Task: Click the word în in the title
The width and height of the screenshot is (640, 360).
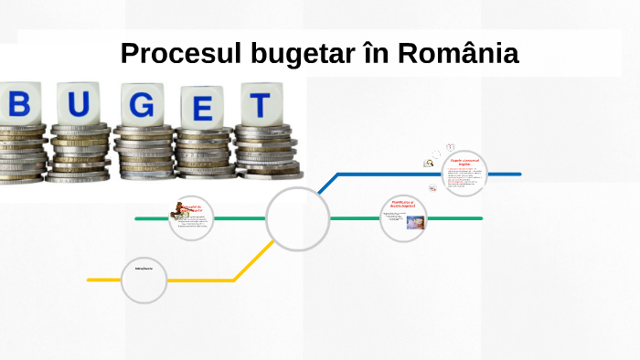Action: tap(370, 54)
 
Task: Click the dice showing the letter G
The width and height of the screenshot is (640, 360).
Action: tap(142, 104)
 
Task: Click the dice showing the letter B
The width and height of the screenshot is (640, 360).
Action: tap(20, 103)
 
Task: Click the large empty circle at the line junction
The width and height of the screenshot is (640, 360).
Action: tap(298, 219)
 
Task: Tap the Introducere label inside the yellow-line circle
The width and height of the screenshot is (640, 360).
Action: tap(144, 270)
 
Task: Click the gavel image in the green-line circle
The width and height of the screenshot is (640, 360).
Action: tap(179, 214)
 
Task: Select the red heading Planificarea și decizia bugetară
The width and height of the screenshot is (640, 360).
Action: tap(403, 204)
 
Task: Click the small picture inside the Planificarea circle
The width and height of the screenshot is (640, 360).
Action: tap(415, 221)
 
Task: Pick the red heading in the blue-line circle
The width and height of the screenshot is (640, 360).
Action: tap(464, 162)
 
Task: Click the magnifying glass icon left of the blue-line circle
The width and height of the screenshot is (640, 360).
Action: tap(428, 164)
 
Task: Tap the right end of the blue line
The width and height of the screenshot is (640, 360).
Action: tap(518, 174)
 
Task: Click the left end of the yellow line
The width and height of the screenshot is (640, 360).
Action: tap(90, 280)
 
